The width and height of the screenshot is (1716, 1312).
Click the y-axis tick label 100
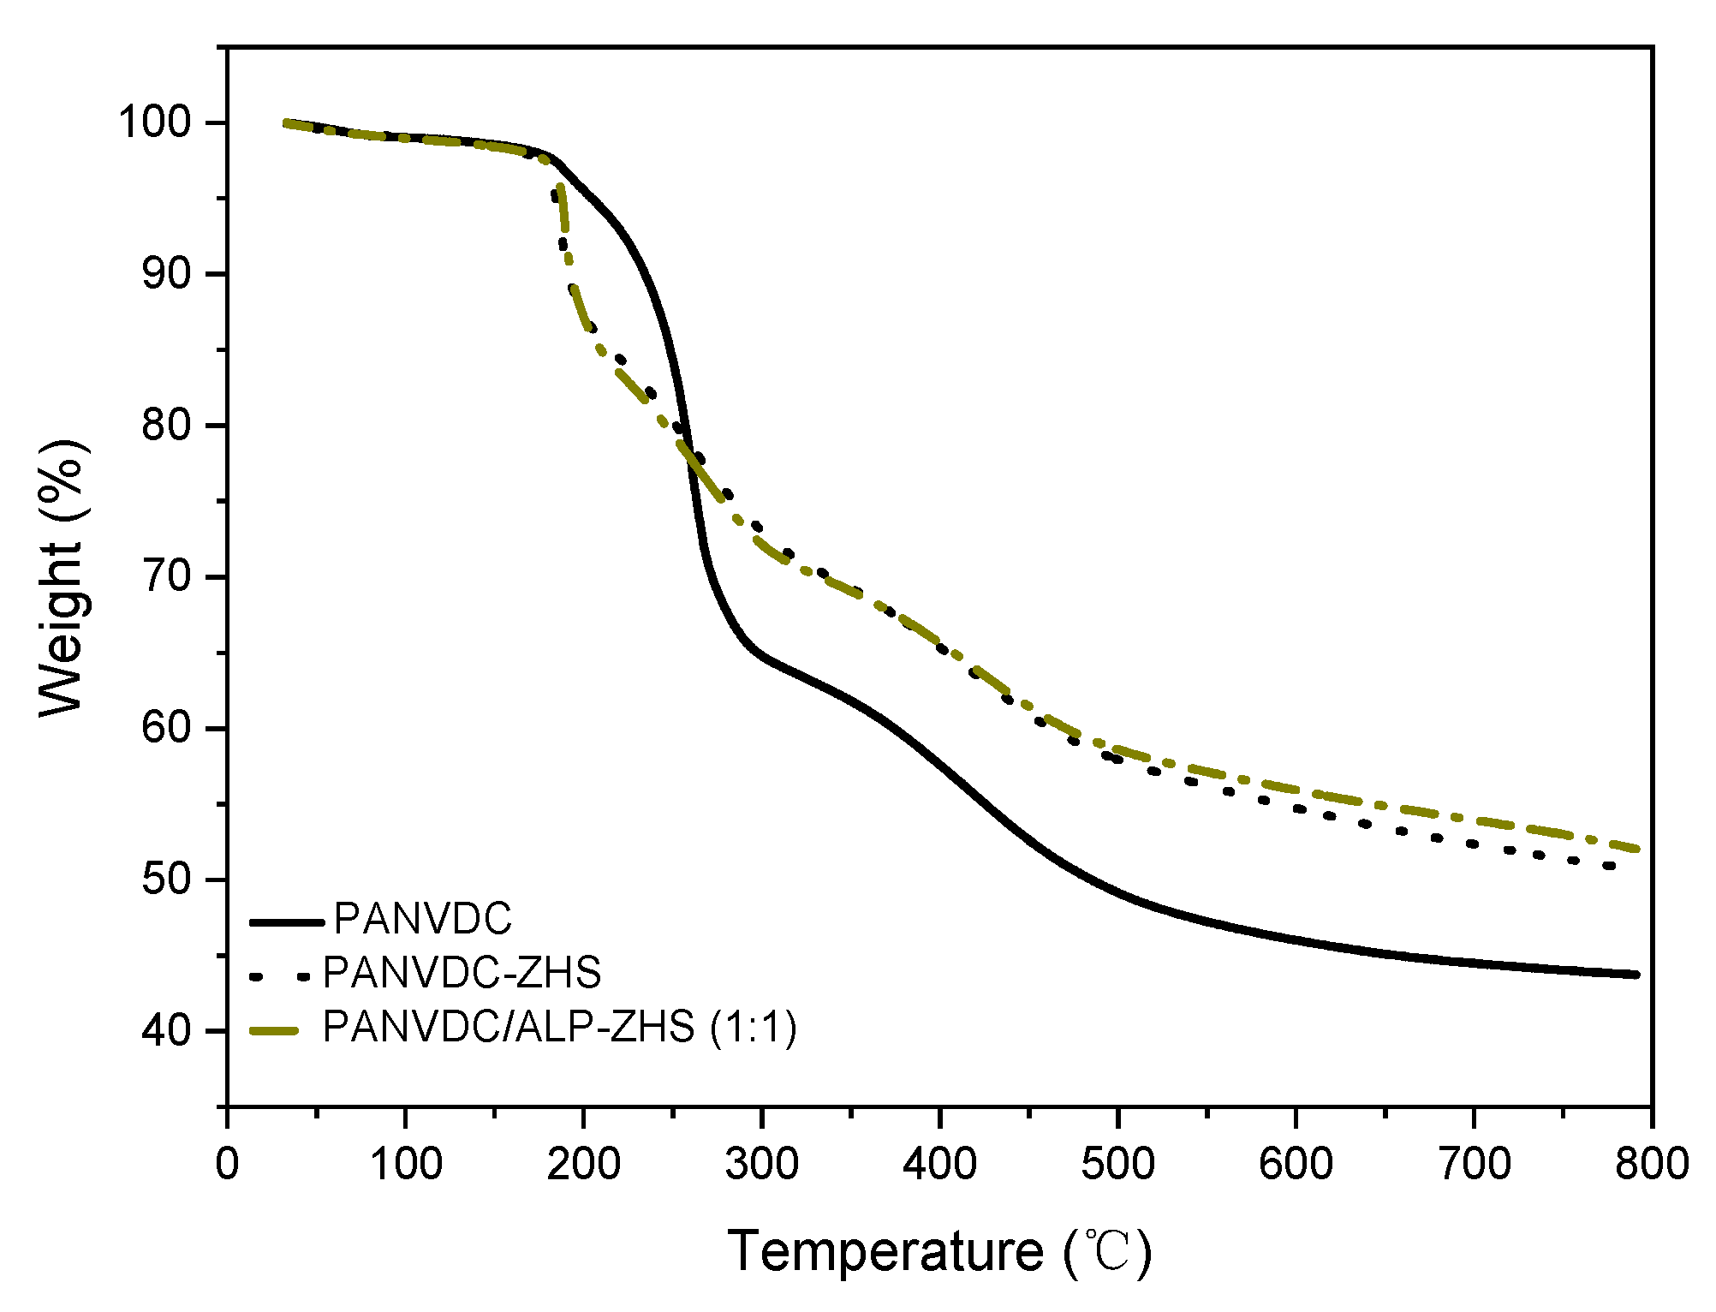(165, 122)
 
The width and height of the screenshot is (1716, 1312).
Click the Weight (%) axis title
(63, 578)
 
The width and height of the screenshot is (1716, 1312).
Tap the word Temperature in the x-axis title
(885, 1252)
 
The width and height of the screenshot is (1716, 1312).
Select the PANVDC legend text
(422, 919)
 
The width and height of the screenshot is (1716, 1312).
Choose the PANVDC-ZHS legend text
(462, 973)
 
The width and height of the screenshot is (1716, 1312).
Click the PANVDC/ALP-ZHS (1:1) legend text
(559, 1027)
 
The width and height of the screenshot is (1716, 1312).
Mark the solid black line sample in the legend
(287, 922)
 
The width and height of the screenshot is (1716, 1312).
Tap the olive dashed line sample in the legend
(275, 1030)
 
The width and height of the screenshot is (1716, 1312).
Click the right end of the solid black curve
(1636, 975)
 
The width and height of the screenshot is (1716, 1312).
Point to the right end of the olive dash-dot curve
(1636, 849)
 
